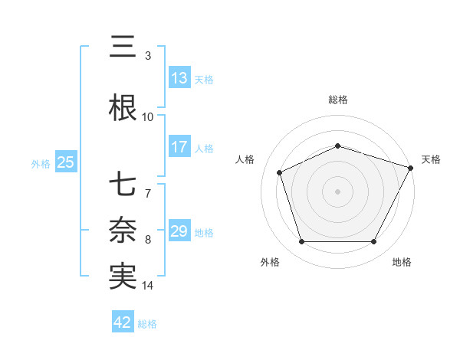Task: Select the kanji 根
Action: click(123, 108)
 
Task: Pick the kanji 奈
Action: click(123, 230)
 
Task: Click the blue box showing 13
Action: click(179, 78)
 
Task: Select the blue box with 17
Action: click(179, 147)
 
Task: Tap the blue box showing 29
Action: click(179, 231)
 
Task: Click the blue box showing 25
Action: click(65, 162)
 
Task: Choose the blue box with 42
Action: click(123, 323)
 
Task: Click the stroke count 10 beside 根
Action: click(148, 117)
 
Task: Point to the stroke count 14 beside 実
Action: click(148, 286)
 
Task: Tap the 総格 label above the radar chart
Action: click(338, 100)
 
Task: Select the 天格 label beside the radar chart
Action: click(432, 159)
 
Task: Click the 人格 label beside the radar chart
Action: click(245, 159)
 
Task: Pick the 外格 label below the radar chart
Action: click(270, 262)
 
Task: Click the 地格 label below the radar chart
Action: click(402, 262)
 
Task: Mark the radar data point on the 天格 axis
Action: click(412, 167)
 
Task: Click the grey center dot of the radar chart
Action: click(338, 191)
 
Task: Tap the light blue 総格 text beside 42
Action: click(147, 324)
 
